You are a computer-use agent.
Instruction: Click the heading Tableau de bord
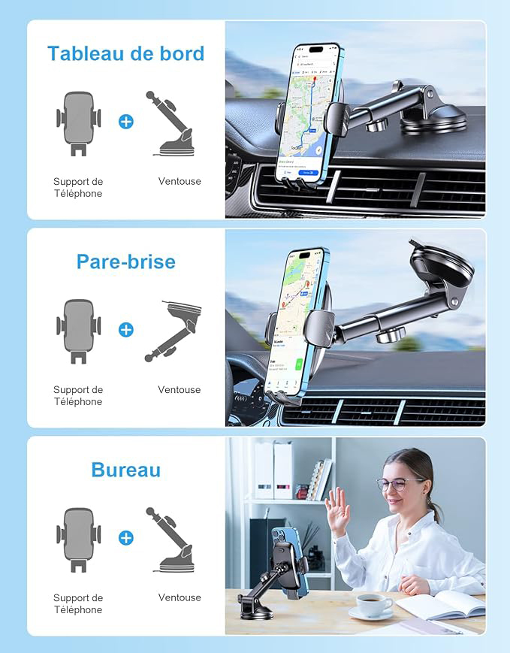point(125,53)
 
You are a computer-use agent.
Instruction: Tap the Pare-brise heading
point(125,262)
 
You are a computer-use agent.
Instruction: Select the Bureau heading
point(125,470)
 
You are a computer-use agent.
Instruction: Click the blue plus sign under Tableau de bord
point(126,122)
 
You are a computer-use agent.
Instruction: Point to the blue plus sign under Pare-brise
point(126,329)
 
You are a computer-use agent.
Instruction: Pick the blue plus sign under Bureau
point(126,537)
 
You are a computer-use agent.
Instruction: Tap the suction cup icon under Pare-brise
point(179,329)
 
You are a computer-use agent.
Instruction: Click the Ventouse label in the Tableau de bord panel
point(180,181)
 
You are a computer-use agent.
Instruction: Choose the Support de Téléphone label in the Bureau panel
point(78,603)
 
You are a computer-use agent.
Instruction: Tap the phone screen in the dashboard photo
point(307,113)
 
